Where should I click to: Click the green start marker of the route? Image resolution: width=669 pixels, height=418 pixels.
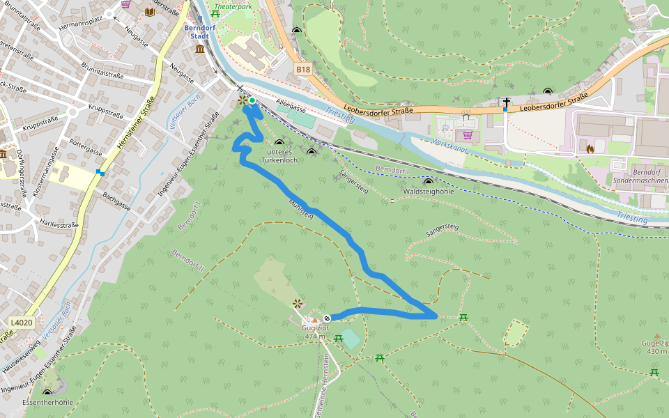pyautogui.click(x=252, y=101)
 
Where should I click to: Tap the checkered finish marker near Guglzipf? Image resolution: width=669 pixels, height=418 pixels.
pyautogui.click(x=326, y=318)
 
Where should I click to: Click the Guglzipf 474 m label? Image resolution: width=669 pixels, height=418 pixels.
pyautogui.click(x=316, y=332)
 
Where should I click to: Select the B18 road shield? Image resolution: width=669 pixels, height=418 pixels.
pyautogui.click(x=302, y=69)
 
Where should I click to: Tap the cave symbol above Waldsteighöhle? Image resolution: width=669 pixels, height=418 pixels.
pyautogui.click(x=428, y=182)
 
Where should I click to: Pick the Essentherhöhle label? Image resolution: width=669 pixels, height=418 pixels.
pyautogui.click(x=47, y=402)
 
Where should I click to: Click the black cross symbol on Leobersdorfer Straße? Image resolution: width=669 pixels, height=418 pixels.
pyautogui.click(x=507, y=103)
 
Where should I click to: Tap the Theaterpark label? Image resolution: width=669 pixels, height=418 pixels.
pyautogui.click(x=233, y=6)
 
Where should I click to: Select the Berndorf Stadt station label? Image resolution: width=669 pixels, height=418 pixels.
pyautogui.click(x=197, y=31)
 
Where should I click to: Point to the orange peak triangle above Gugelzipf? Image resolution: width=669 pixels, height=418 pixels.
pyautogui.click(x=656, y=336)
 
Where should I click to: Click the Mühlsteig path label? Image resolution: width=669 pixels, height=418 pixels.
pyautogui.click(x=301, y=209)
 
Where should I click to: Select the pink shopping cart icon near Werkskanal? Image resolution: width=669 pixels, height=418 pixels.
pyautogui.click(x=468, y=135)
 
